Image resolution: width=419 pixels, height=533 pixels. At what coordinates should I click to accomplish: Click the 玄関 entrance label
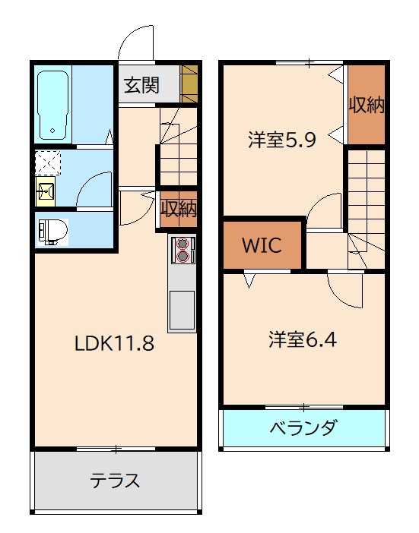click(141, 85)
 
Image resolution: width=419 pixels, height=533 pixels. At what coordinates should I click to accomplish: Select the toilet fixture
click(54, 229)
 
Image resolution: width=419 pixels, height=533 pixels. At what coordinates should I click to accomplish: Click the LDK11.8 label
click(114, 343)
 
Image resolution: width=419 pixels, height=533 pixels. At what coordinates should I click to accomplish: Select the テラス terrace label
click(116, 481)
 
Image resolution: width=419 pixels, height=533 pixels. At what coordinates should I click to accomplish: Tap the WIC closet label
click(262, 245)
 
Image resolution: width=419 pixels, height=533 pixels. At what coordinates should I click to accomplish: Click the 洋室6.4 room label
click(302, 339)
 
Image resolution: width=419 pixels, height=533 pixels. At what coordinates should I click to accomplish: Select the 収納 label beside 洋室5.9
click(366, 105)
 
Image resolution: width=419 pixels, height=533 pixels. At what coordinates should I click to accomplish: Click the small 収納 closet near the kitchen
click(179, 209)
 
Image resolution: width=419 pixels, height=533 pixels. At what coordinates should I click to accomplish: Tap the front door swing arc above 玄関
click(138, 42)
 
